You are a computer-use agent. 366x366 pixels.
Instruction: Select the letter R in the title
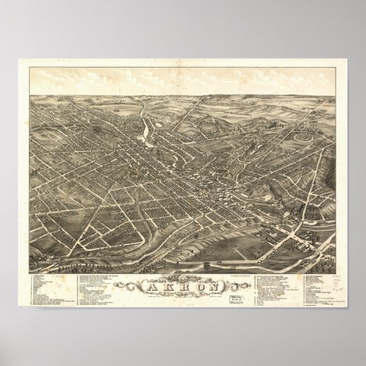pyautogui.click(x=183, y=269)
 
